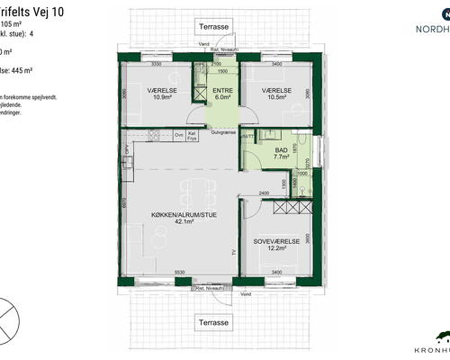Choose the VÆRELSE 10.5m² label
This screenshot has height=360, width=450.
pyautogui.click(x=275, y=93)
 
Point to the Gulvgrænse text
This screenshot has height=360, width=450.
pyautogui.click(x=223, y=131)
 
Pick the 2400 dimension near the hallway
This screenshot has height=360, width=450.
pyautogui.click(x=265, y=193)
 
